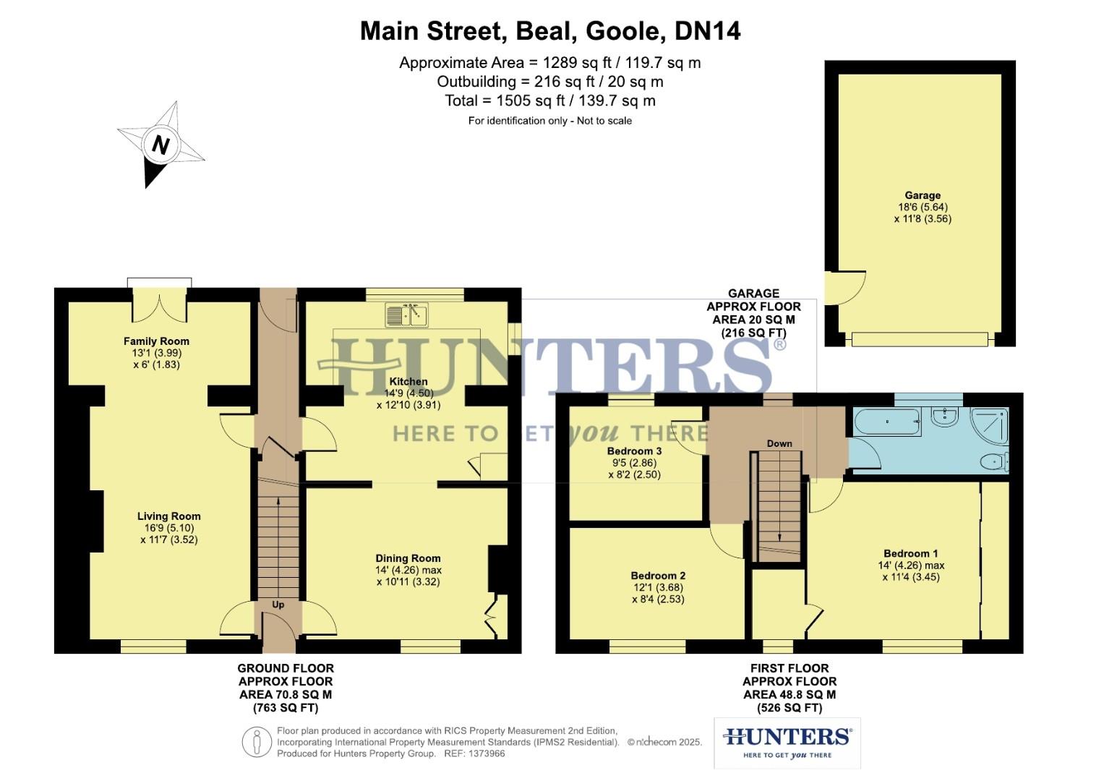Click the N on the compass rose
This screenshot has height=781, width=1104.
coord(160,145)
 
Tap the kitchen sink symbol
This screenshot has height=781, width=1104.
coord(406,315)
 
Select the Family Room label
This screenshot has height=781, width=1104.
coord(156,341)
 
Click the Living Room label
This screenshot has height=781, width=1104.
coord(169,516)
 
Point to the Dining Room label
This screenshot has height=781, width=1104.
coord(408,558)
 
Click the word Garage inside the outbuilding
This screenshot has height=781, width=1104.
coord(923,195)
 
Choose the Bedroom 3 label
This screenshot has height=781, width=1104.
coord(634,451)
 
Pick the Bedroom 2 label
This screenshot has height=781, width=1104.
coord(658,576)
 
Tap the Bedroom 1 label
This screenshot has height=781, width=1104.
coord(911,553)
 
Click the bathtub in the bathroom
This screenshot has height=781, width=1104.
coord(887,422)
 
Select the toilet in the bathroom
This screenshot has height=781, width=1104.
coord(996,461)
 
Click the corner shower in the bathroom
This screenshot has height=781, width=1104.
coord(988,425)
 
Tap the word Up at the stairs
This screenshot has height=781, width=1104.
coord(278,605)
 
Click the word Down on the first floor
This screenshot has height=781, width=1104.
coord(779,443)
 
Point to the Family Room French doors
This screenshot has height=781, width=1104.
coord(160,304)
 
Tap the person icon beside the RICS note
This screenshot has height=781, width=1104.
coord(257,743)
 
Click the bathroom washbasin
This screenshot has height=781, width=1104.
coord(944,417)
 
